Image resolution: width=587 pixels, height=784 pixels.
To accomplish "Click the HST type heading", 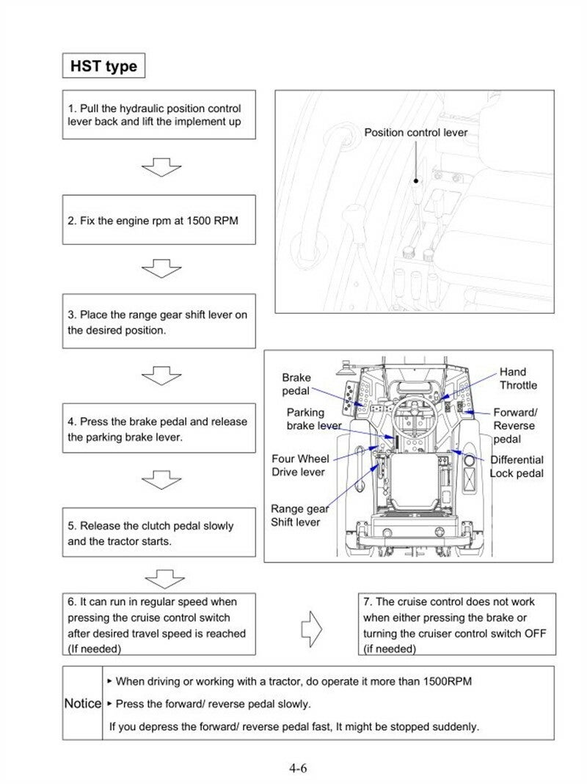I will click(103, 66).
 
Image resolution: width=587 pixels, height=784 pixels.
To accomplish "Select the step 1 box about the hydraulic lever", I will click(158, 114).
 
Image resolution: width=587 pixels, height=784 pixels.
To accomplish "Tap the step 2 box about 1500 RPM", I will click(158, 220).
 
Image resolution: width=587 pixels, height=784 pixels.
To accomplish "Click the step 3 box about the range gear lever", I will click(158, 322).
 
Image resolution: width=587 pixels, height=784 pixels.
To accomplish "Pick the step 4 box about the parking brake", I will click(158, 429).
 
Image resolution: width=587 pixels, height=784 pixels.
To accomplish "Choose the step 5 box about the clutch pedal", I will click(158, 533).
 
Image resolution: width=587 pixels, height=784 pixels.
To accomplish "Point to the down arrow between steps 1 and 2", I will click(161, 169).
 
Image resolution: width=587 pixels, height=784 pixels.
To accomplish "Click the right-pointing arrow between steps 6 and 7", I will click(313, 629).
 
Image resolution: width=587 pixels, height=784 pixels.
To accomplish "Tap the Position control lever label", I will click(416, 133).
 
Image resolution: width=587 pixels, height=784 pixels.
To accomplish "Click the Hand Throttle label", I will click(518, 378).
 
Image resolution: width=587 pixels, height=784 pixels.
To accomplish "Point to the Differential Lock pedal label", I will click(517, 466).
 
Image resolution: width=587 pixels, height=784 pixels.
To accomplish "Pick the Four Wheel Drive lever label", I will click(300, 465).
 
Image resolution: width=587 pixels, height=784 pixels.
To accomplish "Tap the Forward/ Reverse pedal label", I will click(514, 425).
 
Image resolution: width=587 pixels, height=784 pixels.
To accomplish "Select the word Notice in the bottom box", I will click(82, 703).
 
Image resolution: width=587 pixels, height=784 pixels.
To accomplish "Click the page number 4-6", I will click(297, 769).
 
